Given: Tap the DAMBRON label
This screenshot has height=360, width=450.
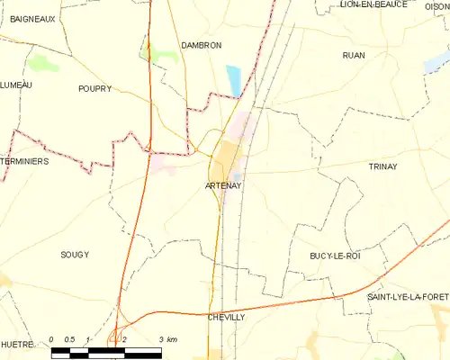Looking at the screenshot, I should coord(201,45).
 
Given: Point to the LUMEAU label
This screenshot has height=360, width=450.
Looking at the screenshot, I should coord(16,85).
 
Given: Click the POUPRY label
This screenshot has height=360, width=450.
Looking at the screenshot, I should coord(94,88).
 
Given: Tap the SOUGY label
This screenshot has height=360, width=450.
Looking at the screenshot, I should coord(75,255).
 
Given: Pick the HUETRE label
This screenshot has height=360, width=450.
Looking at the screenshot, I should coord(17,344).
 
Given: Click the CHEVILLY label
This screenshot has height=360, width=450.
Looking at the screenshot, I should coord(226,318).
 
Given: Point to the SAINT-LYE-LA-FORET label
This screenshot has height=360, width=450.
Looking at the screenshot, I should coord(408,297).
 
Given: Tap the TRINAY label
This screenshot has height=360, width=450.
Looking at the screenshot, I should coord(389,166).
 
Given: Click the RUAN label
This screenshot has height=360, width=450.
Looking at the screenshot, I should coord(354,56).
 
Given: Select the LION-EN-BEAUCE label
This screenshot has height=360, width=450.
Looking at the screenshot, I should coord(373,4).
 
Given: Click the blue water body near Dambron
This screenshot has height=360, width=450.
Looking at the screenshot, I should coord(234,79).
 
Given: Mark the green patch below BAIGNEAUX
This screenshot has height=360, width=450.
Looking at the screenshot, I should coord(42,64).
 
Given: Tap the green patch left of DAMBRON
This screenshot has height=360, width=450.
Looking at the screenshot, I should coord(163,52).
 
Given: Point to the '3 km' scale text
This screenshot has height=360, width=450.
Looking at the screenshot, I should coord(167,339).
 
